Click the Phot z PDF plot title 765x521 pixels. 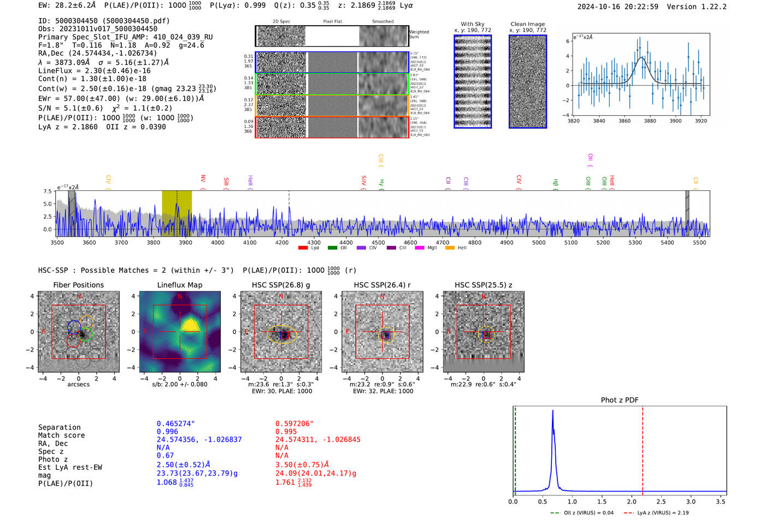coord(620,400)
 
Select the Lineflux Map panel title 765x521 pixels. coord(179,285)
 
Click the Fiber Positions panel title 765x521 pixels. coord(78,285)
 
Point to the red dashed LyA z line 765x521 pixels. coord(643,448)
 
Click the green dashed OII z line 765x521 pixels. coord(515,448)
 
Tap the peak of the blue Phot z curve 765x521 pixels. coord(552,411)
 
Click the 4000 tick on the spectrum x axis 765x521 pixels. coord(217,242)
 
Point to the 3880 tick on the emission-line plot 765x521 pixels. coord(650,121)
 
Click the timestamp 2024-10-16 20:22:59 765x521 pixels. coord(617,7)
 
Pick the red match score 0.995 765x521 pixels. coord(286,432)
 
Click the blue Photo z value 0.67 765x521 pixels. coord(165,455)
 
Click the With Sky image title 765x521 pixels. coord(472,24)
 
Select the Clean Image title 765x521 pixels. coord(527,24)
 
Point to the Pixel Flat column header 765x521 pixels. coord(332,22)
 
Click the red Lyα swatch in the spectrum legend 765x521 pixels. coord(303,248)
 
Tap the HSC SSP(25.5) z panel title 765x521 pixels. coord(483,285)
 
